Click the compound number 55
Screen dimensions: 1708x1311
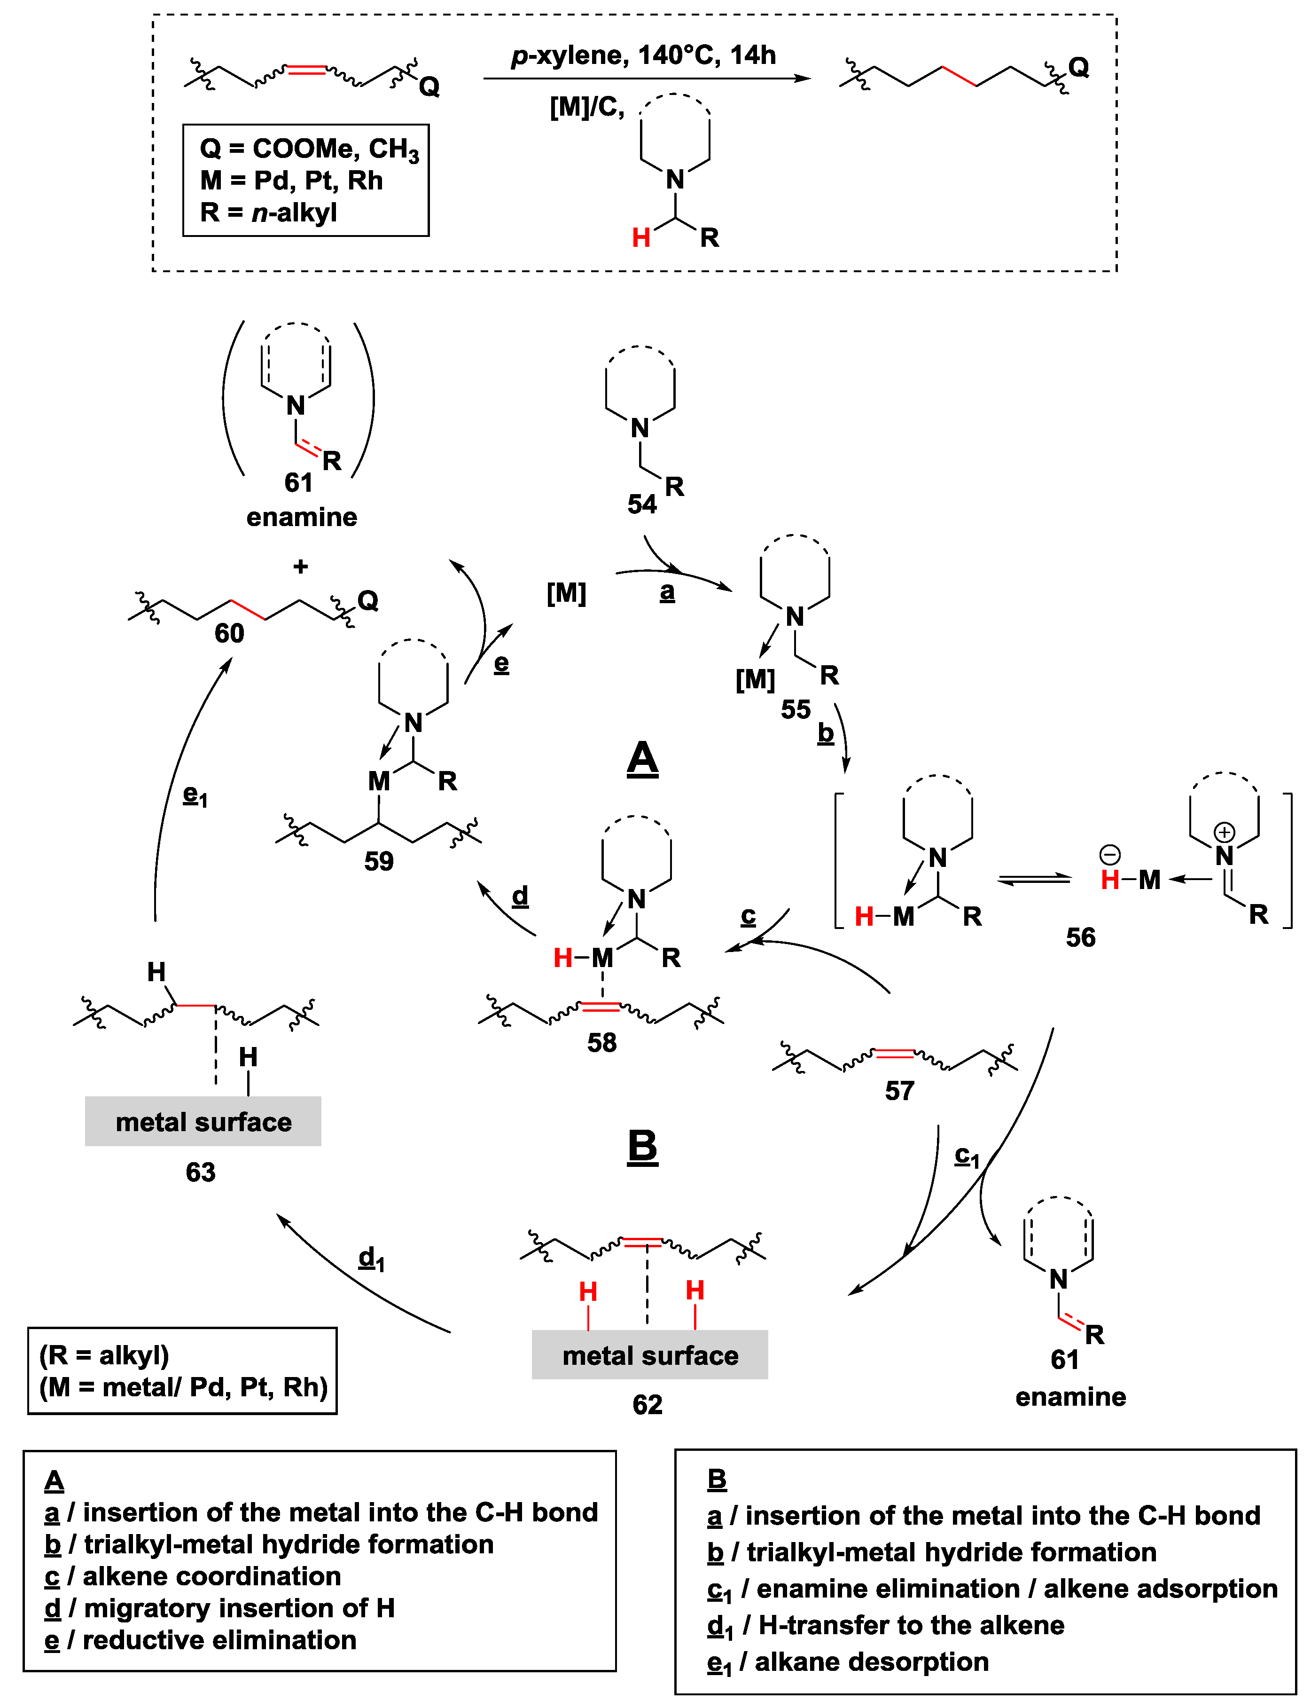pos(795,709)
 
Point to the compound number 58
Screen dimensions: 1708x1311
pos(601,1042)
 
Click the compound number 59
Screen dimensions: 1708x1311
pos(378,861)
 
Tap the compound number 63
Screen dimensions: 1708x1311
pos(201,1172)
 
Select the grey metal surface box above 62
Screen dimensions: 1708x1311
pos(649,1355)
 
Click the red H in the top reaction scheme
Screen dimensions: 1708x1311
pos(640,237)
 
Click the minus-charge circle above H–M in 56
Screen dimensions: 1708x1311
pos(1110,855)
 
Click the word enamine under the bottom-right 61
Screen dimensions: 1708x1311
pos(1070,1396)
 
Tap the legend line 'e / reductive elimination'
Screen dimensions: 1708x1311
pos(201,1640)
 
